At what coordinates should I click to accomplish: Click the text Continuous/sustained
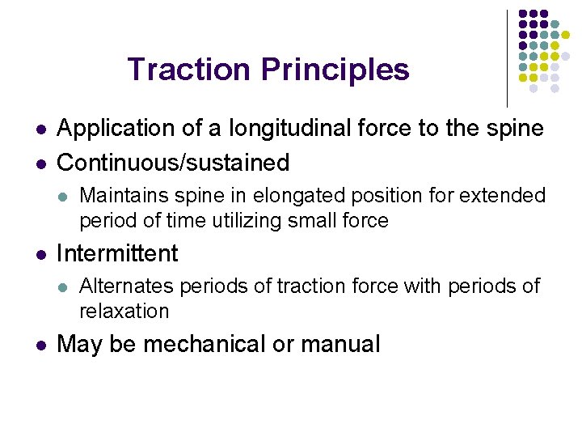click(x=173, y=163)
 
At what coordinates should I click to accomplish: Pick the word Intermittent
click(x=117, y=253)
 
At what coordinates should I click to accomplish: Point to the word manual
click(x=339, y=345)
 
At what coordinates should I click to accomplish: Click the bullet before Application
click(x=40, y=129)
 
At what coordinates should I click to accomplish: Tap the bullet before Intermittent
click(x=40, y=254)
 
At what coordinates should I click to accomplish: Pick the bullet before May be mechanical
click(x=40, y=345)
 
